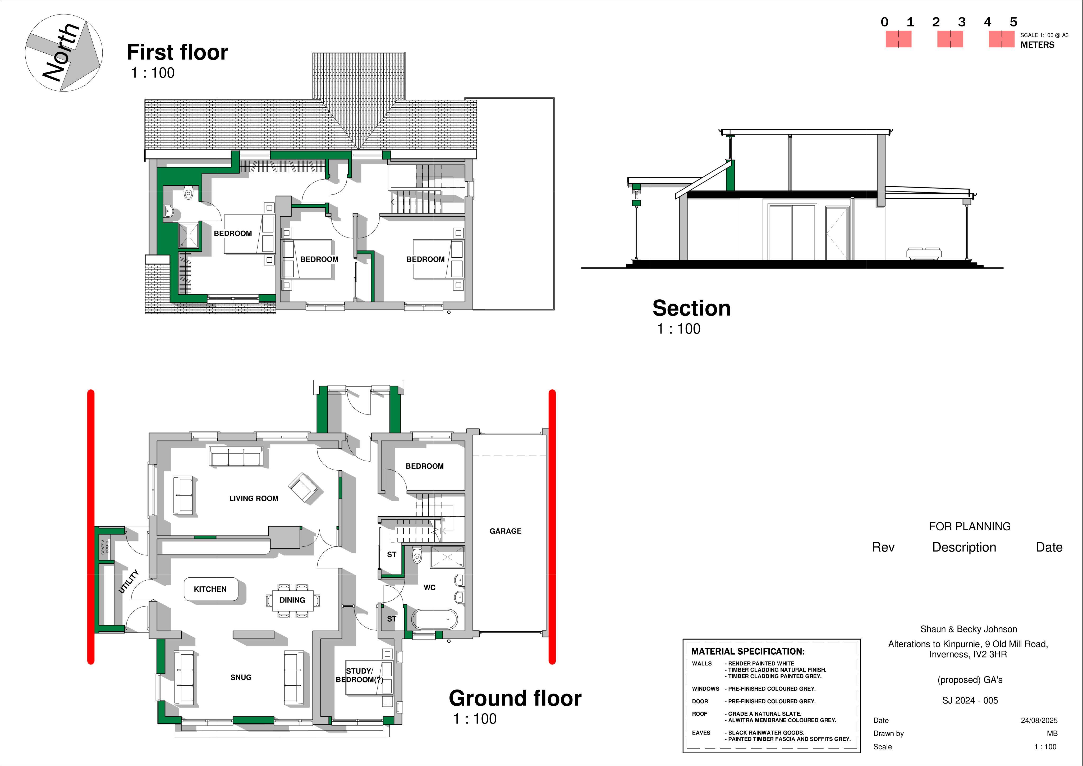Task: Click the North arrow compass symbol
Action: [x=64, y=53]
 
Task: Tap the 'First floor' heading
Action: [x=177, y=52]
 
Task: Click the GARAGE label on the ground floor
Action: [x=505, y=531]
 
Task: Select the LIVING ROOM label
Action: [x=254, y=498]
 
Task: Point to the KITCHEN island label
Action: [x=210, y=589]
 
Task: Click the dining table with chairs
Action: [x=292, y=600]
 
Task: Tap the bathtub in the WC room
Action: [x=434, y=619]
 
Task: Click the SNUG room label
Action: [x=241, y=677]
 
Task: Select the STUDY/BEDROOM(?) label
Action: [x=359, y=675]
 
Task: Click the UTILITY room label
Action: [x=129, y=581]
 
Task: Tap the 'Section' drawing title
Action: [x=691, y=308]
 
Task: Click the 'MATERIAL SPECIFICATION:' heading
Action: [x=748, y=651]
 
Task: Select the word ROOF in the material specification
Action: [x=700, y=714]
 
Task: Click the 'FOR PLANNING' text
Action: [x=970, y=526]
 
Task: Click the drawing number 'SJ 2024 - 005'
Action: [x=970, y=700]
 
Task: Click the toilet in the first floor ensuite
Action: [x=189, y=193]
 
